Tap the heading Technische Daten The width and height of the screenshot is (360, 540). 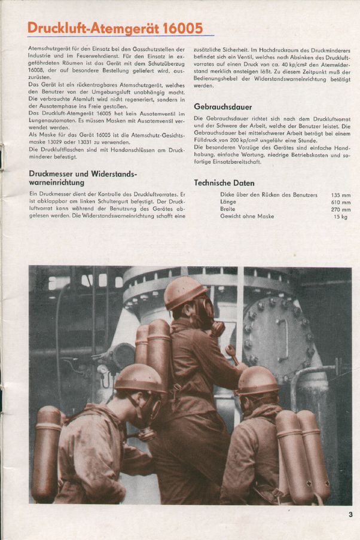click(224, 183)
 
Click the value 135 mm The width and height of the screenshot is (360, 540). click(341, 195)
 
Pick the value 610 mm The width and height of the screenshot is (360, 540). click(341, 202)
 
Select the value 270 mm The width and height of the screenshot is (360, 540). click(341, 209)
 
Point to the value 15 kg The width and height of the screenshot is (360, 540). click(341, 216)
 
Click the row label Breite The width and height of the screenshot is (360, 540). click(228, 209)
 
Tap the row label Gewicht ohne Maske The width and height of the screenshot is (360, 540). click(247, 216)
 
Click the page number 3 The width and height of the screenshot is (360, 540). click(351, 514)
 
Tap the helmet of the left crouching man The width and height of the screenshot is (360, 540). click(139, 377)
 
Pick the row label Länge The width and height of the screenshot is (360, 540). click(228, 202)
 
